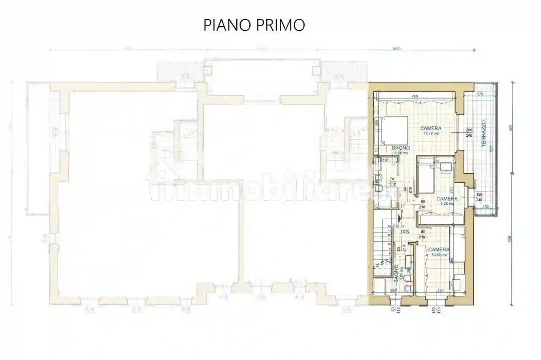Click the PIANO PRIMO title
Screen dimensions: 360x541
(x=254, y=25)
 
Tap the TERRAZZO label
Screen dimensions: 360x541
(x=485, y=133)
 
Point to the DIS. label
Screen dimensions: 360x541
(x=405, y=232)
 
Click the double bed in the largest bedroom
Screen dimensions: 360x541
(x=393, y=130)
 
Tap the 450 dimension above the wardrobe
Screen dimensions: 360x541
(x=415, y=97)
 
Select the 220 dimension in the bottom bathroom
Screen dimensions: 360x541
(x=393, y=291)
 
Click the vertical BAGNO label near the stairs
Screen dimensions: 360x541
(x=397, y=274)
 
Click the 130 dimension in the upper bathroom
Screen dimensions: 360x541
(x=385, y=160)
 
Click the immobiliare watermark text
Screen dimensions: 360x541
(x=270, y=190)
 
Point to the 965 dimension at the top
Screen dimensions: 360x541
(x=396, y=48)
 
